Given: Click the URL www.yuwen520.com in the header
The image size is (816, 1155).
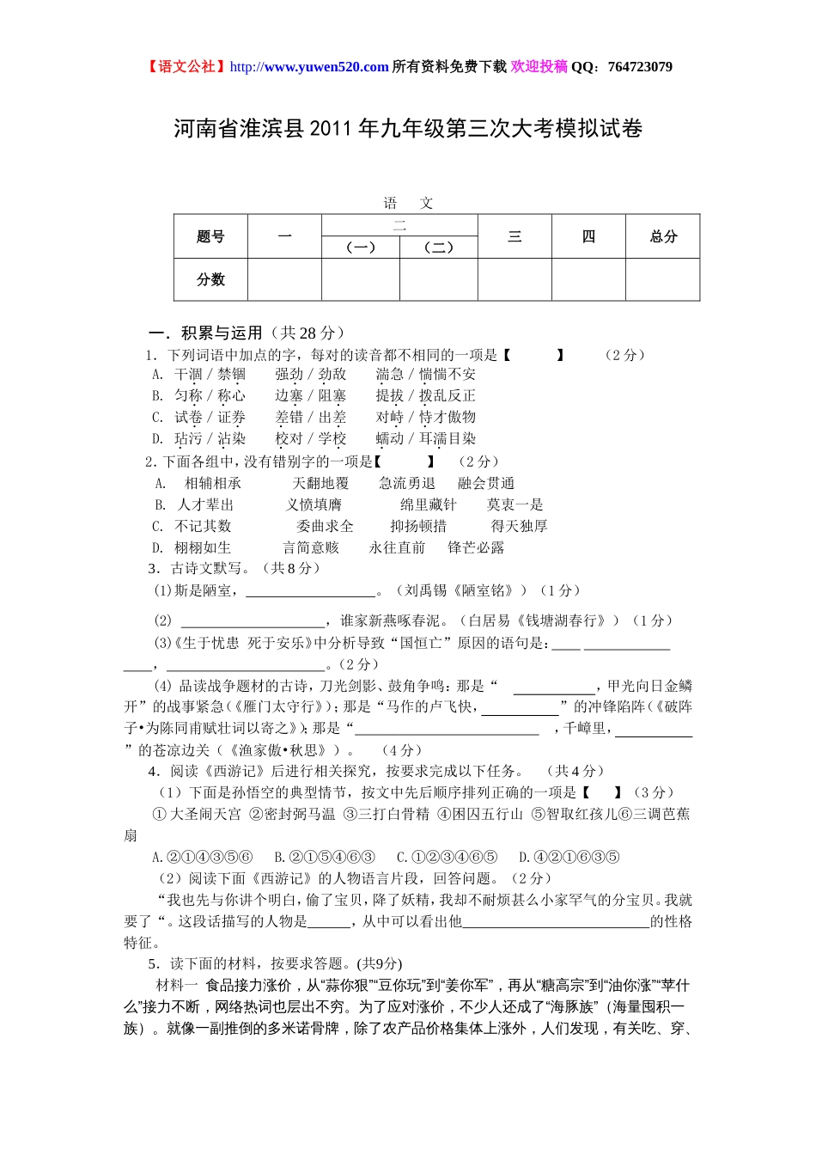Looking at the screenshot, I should pos(326,67).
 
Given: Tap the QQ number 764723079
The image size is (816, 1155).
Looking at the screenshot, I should pos(640,67).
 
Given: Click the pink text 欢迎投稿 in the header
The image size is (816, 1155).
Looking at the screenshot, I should pos(539,67).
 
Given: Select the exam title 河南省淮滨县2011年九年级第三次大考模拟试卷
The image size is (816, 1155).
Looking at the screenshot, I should pos(408,129).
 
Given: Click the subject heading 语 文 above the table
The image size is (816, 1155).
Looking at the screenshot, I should pos(408,204).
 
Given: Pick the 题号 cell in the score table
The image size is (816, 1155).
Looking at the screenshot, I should pos(210,236).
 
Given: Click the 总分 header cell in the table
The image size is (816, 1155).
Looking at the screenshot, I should pos(663,236).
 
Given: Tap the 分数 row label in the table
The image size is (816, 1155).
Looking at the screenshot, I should pos(210,279).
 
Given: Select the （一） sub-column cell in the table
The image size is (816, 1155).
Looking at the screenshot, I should pos(361,247).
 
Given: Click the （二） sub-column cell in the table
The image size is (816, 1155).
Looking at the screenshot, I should pos(438,247).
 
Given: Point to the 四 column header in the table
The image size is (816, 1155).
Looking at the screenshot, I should pos(588,236).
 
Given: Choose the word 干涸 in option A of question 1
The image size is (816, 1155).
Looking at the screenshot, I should pos(188,375).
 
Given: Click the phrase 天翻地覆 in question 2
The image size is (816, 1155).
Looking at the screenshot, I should pos(320,484).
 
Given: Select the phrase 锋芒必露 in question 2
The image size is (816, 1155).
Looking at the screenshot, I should pos(476,548).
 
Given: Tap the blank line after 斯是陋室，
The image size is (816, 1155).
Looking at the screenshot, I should pos(311,592).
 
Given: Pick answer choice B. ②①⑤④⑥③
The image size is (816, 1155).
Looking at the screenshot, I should pos(325,857).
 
